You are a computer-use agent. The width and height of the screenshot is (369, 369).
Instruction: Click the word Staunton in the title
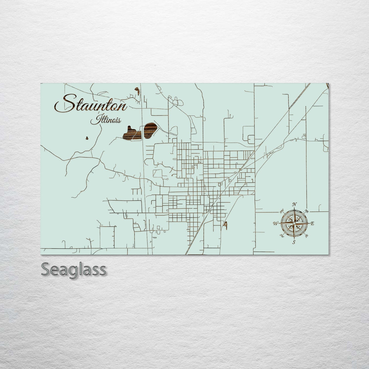[91, 104]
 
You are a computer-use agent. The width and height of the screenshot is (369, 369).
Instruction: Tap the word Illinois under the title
[105, 120]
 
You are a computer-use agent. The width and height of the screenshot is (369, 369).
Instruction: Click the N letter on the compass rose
[295, 204]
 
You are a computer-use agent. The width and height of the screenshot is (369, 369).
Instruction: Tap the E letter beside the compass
[312, 224]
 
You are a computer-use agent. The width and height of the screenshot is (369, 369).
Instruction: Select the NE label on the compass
[307, 211]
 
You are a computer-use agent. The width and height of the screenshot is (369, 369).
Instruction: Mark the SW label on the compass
[282, 235]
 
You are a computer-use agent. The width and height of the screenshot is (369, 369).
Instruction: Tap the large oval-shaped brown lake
[150, 130]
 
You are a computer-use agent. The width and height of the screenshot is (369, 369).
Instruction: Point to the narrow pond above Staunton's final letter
[137, 91]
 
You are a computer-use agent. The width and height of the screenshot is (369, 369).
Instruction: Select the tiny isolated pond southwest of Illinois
[87, 138]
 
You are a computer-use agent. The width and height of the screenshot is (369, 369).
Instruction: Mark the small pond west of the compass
[225, 225]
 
